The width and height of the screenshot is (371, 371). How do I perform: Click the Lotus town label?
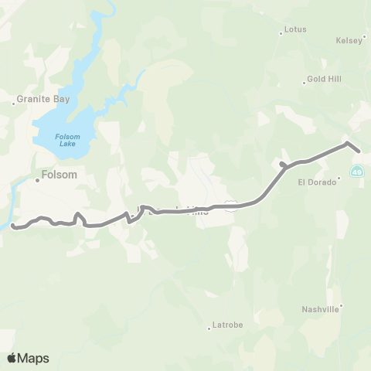(296, 29)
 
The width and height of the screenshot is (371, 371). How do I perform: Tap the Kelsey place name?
(349, 40)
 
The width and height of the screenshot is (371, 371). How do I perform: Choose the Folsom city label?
(60, 175)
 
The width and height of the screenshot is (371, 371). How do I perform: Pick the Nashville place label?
(320, 309)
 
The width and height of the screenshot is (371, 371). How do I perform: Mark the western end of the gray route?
(13, 226)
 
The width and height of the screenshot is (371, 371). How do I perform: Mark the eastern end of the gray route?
(359, 151)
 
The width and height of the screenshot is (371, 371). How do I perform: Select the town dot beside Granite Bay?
(13, 101)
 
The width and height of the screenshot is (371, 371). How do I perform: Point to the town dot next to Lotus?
(281, 33)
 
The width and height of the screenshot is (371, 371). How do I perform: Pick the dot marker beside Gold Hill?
(304, 83)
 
